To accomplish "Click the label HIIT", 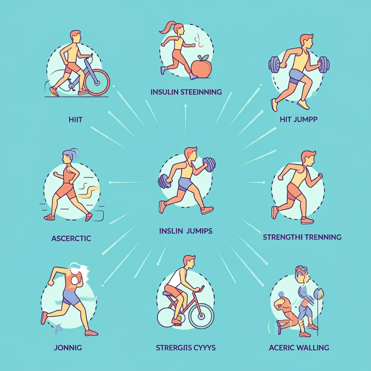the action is click(75, 120).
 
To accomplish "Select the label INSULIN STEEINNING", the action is click(186, 92).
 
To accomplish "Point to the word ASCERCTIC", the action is click(71, 238).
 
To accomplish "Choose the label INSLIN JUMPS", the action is click(186, 231).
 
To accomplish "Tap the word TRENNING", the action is click(323, 237).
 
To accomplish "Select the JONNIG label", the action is click(67, 348).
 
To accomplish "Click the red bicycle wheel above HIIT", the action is click(97, 82).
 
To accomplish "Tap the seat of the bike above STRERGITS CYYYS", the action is click(168, 293).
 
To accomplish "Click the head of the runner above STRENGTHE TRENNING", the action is click(309, 158).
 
